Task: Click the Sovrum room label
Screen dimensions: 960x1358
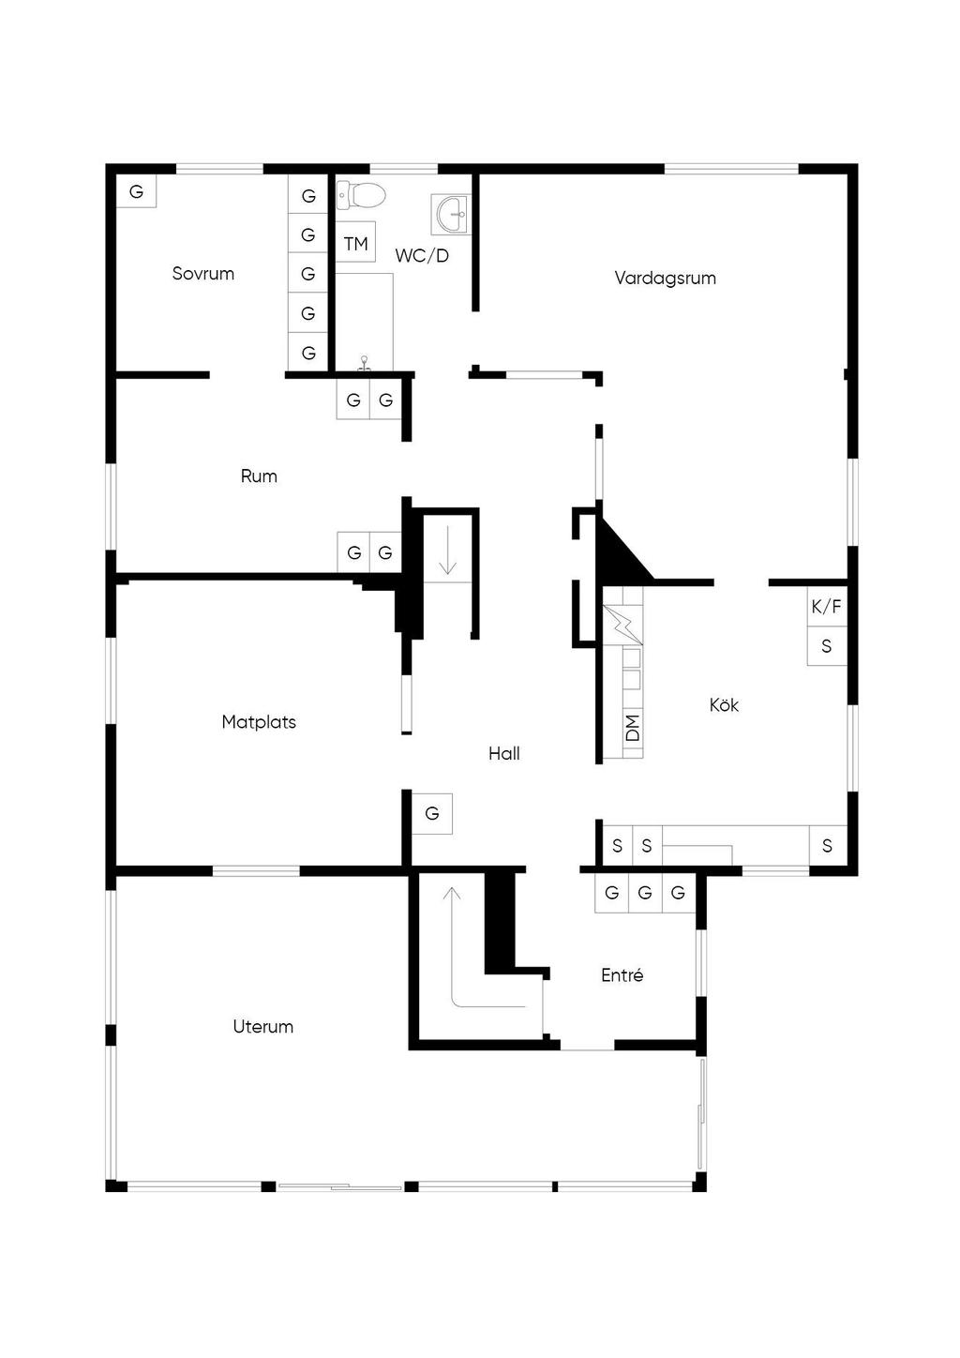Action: (x=203, y=274)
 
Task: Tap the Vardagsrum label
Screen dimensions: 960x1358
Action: (x=665, y=279)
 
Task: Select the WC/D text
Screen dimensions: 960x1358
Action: (x=422, y=256)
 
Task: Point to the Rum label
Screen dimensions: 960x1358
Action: (x=259, y=475)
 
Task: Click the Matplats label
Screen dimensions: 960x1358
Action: (x=259, y=722)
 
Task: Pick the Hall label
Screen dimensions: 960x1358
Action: (x=504, y=754)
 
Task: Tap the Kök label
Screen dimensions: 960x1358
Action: (x=724, y=704)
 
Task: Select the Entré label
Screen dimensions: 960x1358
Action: (x=622, y=974)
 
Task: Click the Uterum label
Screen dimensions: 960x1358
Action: (x=263, y=1026)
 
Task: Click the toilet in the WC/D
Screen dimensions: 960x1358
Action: (x=361, y=195)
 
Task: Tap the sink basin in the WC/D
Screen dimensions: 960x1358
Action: (x=451, y=214)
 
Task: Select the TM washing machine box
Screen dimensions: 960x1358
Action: (x=355, y=242)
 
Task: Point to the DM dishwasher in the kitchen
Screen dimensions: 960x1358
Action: (x=633, y=728)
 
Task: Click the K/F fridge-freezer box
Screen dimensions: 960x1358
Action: (x=827, y=606)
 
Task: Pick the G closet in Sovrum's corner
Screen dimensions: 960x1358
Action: (x=136, y=191)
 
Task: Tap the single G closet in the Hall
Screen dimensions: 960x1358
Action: (x=432, y=814)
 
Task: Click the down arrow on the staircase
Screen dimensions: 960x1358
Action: (x=447, y=550)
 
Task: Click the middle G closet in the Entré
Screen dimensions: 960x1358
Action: (x=645, y=893)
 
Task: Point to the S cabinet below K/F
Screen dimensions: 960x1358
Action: (x=827, y=646)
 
